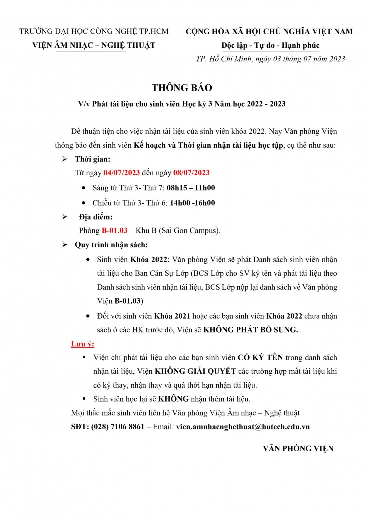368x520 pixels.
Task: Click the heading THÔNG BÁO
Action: click(182, 88)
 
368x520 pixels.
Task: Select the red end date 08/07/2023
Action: click(191, 173)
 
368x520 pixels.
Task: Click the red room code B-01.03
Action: click(114, 231)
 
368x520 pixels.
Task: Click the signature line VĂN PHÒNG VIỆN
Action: click(298, 448)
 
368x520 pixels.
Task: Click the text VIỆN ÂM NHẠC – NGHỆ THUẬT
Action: click(93, 45)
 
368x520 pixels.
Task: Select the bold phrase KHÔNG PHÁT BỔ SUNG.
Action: click(258, 330)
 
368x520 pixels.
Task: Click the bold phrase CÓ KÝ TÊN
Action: click(260, 358)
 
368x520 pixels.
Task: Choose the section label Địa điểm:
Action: click(96, 217)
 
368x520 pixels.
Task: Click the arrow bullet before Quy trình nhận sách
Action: click(64, 245)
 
